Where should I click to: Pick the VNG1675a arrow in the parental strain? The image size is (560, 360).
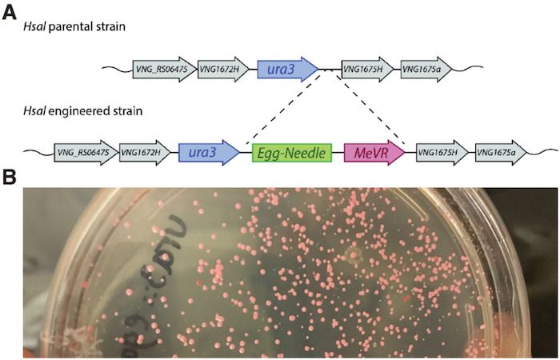(428, 70)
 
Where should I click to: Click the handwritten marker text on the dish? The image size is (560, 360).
(152, 276)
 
